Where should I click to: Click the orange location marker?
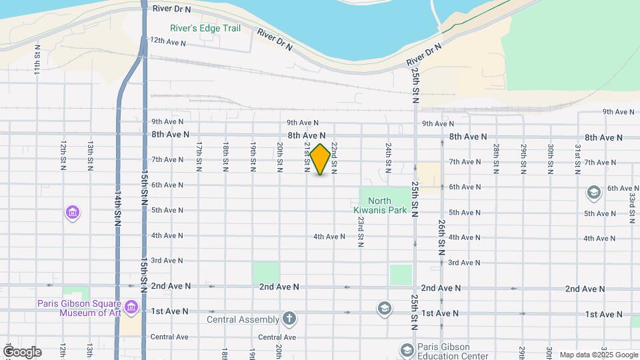click(320, 159)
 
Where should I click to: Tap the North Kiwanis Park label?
click(379, 206)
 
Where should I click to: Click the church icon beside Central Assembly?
click(289, 318)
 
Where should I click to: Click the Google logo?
click(21, 352)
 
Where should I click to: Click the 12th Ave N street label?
click(167, 41)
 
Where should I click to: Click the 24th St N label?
click(388, 154)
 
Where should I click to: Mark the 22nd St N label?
click(334, 154)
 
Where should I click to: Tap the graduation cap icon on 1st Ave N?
click(383, 309)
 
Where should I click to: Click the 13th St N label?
click(90, 154)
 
